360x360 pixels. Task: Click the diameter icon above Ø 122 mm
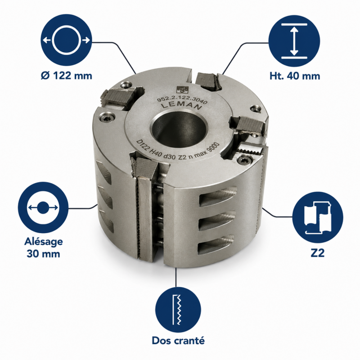coord(66,40)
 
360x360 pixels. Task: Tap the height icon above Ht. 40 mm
coord(294,41)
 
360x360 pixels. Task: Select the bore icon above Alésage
coord(43,207)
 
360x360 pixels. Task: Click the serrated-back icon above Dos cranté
coord(178,310)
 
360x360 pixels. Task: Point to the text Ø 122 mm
coord(67,76)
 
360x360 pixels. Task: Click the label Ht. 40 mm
coord(295,76)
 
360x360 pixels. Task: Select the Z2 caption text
coord(318,253)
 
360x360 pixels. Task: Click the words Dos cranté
coord(178,340)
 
